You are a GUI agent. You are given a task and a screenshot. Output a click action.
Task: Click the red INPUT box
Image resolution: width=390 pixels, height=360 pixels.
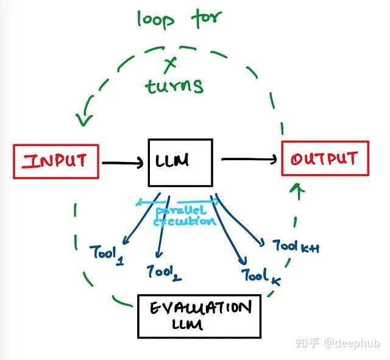[x=55, y=161]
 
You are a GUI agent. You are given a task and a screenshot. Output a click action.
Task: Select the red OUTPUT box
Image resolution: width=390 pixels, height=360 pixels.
[x=324, y=158]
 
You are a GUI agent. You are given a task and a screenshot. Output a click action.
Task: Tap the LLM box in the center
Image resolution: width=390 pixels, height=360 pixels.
[x=180, y=162]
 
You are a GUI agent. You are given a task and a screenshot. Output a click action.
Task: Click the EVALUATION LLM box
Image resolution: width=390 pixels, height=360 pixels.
[x=199, y=316]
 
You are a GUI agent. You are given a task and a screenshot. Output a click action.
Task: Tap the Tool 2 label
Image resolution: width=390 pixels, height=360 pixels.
[x=163, y=273]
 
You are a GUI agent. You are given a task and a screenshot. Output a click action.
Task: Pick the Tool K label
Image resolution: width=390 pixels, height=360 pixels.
[x=261, y=277]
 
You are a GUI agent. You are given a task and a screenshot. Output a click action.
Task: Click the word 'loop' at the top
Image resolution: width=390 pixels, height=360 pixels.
[x=155, y=19]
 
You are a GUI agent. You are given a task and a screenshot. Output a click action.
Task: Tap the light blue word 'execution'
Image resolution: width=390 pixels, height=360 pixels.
[x=184, y=222]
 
